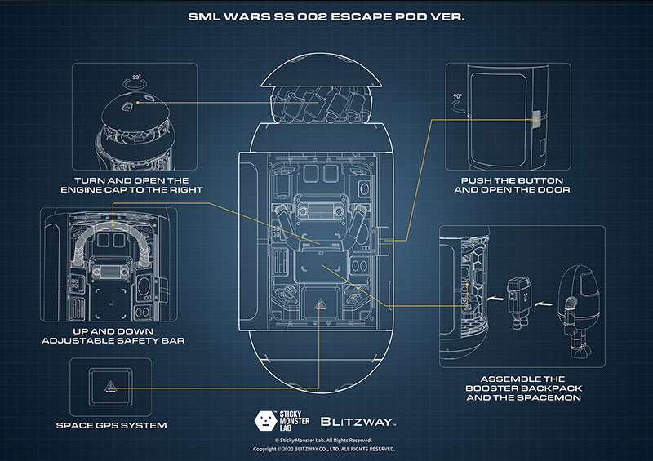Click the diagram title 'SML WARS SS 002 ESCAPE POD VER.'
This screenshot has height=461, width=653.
(x=326, y=16)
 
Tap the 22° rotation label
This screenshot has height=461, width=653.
(x=136, y=77)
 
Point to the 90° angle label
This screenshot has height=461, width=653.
(x=457, y=96)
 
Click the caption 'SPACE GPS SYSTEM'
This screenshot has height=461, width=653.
(x=111, y=425)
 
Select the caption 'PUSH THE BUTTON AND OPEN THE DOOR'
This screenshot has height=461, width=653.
(x=512, y=185)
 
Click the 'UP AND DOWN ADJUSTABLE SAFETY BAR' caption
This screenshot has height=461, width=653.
(x=113, y=336)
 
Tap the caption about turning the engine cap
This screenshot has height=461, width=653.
(x=131, y=185)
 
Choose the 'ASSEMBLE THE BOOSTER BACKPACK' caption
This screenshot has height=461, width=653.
(x=523, y=388)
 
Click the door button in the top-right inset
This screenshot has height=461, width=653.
(x=536, y=119)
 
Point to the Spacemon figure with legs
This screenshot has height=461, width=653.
(x=579, y=310)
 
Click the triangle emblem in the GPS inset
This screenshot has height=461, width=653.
(x=109, y=387)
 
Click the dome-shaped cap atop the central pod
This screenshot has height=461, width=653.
(x=321, y=70)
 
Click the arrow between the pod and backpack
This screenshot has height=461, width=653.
(x=495, y=299)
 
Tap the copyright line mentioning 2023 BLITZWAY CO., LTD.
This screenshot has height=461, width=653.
(x=323, y=449)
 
